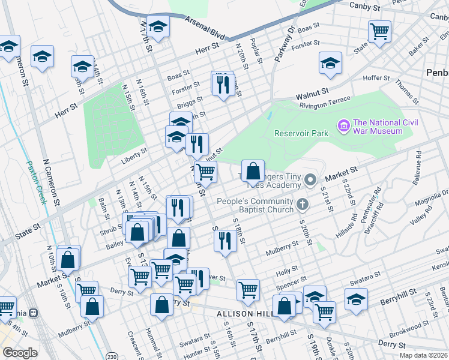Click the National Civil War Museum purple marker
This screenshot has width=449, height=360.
pyautogui.click(x=344, y=126)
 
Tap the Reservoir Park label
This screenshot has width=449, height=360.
pyautogui.click(x=301, y=133)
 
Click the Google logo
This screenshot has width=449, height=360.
pyautogui.click(x=20, y=353)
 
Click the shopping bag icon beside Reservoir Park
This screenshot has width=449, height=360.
pyautogui.click(x=253, y=170)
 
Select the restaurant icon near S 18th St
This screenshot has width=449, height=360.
pyautogui.click(x=225, y=241)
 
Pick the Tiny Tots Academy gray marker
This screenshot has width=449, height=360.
pyautogui.click(x=310, y=179)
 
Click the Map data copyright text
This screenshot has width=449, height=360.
pyautogui.click(x=423, y=355)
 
